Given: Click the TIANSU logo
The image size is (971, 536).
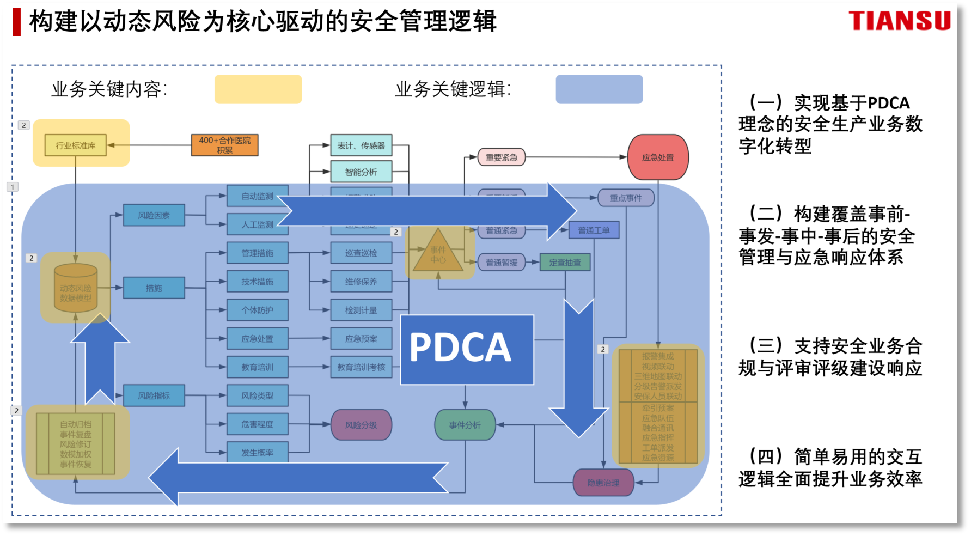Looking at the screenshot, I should pyautogui.click(x=899, y=21).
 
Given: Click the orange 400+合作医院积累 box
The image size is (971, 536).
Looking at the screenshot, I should pyautogui.click(x=224, y=145).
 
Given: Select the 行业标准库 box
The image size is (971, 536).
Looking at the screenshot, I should pyautogui.click(x=76, y=145).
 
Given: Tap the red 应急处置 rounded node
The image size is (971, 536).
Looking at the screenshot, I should pyautogui.click(x=658, y=157).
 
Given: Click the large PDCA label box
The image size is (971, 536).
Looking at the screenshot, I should pyautogui.click(x=467, y=349).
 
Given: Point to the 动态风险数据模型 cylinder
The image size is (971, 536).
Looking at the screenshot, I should pyautogui.click(x=76, y=289).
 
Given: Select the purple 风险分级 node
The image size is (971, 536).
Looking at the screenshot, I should pyautogui.click(x=361, y=424).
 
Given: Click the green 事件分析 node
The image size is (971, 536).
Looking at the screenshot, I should pyautogui.click(x=465, y=424).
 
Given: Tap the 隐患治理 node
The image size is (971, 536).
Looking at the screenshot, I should pyautogui.click(x=603, y=483).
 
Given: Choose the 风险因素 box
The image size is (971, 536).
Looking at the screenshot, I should pyautogui.click(x=154, y=215).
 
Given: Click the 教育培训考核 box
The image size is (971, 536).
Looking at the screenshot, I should pyautogui.click(x=361, y=367).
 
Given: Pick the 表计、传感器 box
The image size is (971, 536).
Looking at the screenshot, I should pyautogui.click(x=361, y=145).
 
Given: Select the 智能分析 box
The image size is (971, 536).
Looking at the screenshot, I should pyautogui.click(x=361, y=172).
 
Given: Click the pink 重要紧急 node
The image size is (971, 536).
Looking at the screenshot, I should pyautogui.click(x=501, y=157).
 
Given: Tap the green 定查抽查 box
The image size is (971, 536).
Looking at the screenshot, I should pyautogui.click(x=565, y=262).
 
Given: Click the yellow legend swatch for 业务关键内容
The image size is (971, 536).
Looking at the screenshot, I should pyautogui.click(x=258, y=89).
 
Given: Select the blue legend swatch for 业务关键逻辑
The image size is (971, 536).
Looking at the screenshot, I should pyautogui.click(x=599, y=89).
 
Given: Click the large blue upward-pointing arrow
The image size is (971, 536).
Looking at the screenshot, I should pyautogui.click(x=100, y=357).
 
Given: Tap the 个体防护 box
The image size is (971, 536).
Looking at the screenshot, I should pyautogui.click(x=257, y=310).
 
